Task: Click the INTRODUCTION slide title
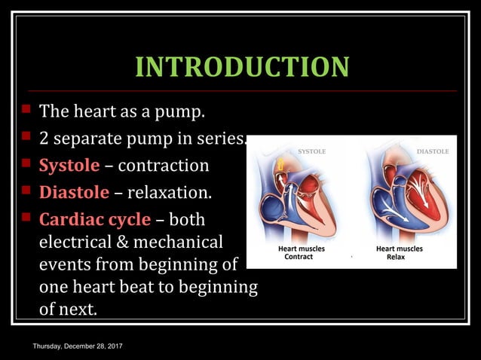(x=242, y=67)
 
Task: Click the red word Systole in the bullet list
(x=69, y=165)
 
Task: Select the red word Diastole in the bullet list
(x=74, y=192)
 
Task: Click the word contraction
(x=164, y=165)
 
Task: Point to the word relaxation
(x=169, y=192)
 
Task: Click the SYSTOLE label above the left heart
(x=311, y=151)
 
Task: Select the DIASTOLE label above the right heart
(x=432, y=151)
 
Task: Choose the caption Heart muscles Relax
(x=399, y=252)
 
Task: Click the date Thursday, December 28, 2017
(x=78, y=345)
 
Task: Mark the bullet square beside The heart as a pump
(x=25, y=110)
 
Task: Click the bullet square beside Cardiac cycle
(x=25, y=218)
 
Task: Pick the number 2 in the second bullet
(x=44, y=139)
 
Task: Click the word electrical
(x=74, y=243)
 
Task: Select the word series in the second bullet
(x=222, y=139)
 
